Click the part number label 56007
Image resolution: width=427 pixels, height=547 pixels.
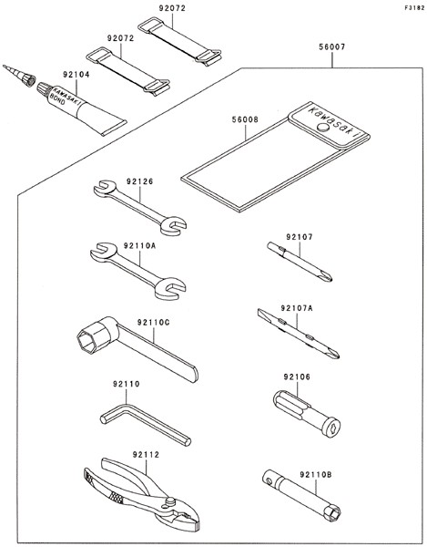pyautogui.click(x=332, y=46)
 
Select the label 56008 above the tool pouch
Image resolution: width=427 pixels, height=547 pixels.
pyautogui.click(x=245, y=119)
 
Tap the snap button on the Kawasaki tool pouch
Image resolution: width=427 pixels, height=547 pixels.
pyautogui.click(x=323, y=127)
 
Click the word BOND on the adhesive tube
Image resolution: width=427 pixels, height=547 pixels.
pyautogui.click(x=57, y=101)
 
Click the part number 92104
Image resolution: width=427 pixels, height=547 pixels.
pyautogui.click(x=76, y=75)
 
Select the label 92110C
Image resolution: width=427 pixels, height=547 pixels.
pyautogui.click(x=153, y=323)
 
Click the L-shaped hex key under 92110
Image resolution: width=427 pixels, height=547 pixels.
pyautogui.click(x=146, y=424)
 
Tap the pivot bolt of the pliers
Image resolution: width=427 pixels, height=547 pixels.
pyautogui.click(x=170, y=501)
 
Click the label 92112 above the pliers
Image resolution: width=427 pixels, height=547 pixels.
pyautogui.click(x=146, y=455)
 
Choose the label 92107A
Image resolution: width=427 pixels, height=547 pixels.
pyautogui.click(x=297, y=308)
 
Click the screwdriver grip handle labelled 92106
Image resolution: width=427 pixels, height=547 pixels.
pyautogui.click(x=307, y=414)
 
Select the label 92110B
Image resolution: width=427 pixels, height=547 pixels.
pyautogui.click(x=316, y=474)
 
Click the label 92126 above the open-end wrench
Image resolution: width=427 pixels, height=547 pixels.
pyautogui.click(x=139, y=181)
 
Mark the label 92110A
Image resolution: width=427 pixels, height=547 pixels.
pyautogui.click(x=139, y=245)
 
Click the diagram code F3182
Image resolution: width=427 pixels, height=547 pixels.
pyautogui.click(x=415, y=8)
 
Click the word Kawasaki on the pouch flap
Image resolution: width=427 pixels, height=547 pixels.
pyautogui.click(x=333, y=120)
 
